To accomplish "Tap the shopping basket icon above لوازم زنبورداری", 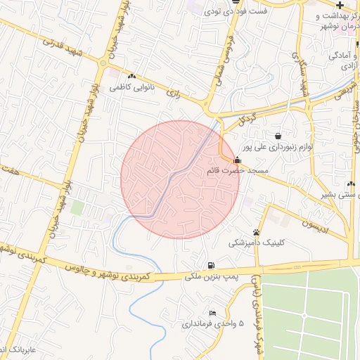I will point(279,135).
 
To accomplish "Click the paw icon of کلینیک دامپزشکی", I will point(257,232).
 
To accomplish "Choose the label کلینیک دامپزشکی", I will point(257,243).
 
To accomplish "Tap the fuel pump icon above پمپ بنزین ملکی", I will point(211,264).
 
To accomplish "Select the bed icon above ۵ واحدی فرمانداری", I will point(212,313).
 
